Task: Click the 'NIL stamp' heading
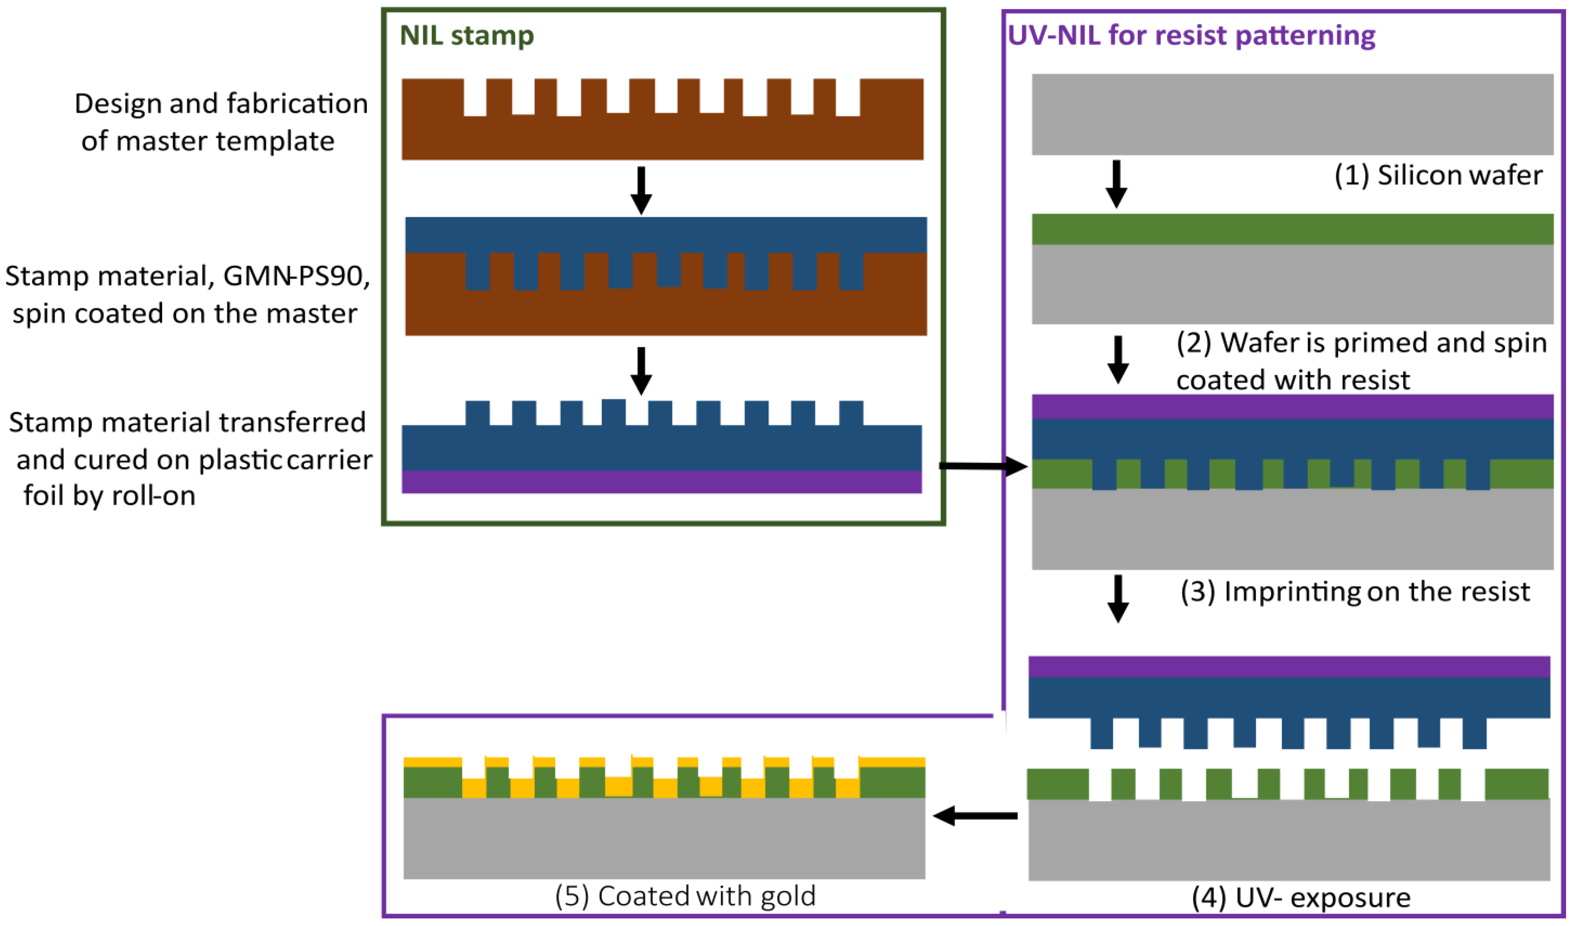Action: pyautogui.click(x=466, y=36)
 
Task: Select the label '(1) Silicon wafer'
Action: pyautogui.click(x=1438, y=175)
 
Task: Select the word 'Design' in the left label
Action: pyautogui.click(x=117, y=104)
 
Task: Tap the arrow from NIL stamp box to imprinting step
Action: pyautogui.click(x=982, y=466)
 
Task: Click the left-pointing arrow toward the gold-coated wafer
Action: pyautogui.click(x=974, y=816)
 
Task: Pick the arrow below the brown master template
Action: pyautogui.click(x=641, y=190)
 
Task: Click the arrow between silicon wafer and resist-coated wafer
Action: pyautogui.click(x=1116, y=184)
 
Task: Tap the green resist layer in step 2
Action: pyautogui.click(x=1292, y=229)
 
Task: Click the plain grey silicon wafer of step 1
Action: pyautogui.click(x=1292, y=114)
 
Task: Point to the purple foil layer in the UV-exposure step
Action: pyautogui.click(x=1289, y=667)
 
